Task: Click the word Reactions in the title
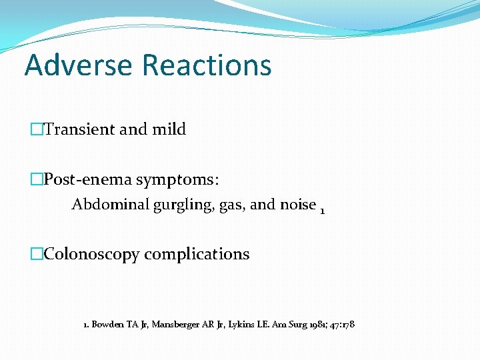pyautogui.click(x=207, y=65)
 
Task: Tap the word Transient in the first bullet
pyautogui.click(x=79, y=129)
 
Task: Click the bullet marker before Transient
pyautogui.click(x=37, y=130)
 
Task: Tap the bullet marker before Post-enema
pyautogui.click(x=37, y=180)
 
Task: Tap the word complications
pyautogui.click(x=197, y=255)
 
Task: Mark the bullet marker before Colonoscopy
pyautogui.click(x=37, y=255)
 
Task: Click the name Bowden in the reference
pyautogui.click(x=107, y=325)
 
